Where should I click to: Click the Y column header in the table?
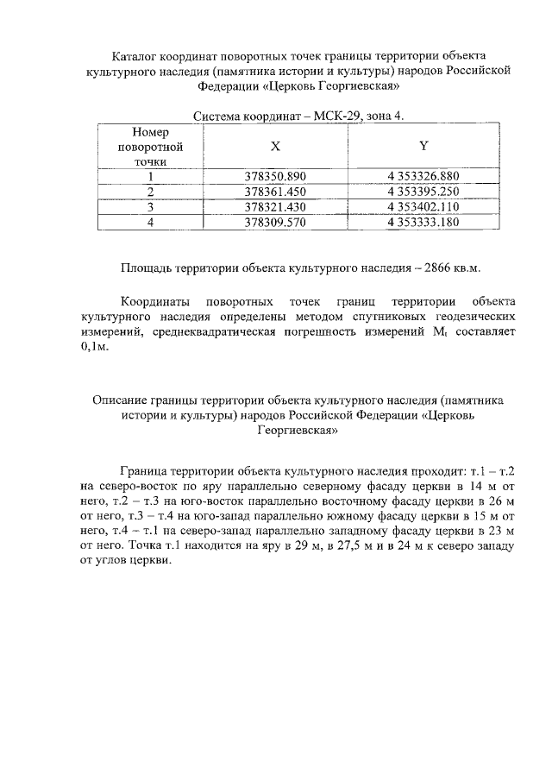[x=423, y=147]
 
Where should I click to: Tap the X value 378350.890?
[x=276, y=177]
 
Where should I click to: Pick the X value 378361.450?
[x=276, y=192]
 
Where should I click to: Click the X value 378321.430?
[x=276, y=207]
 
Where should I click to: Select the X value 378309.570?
[x=276, y=222]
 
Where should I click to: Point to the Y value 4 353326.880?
[x=423, y=177]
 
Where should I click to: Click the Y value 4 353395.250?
[x=423, y=192]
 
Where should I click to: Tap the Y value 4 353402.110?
[x=423, y=207]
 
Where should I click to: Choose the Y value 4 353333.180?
[x=423, y=222]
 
